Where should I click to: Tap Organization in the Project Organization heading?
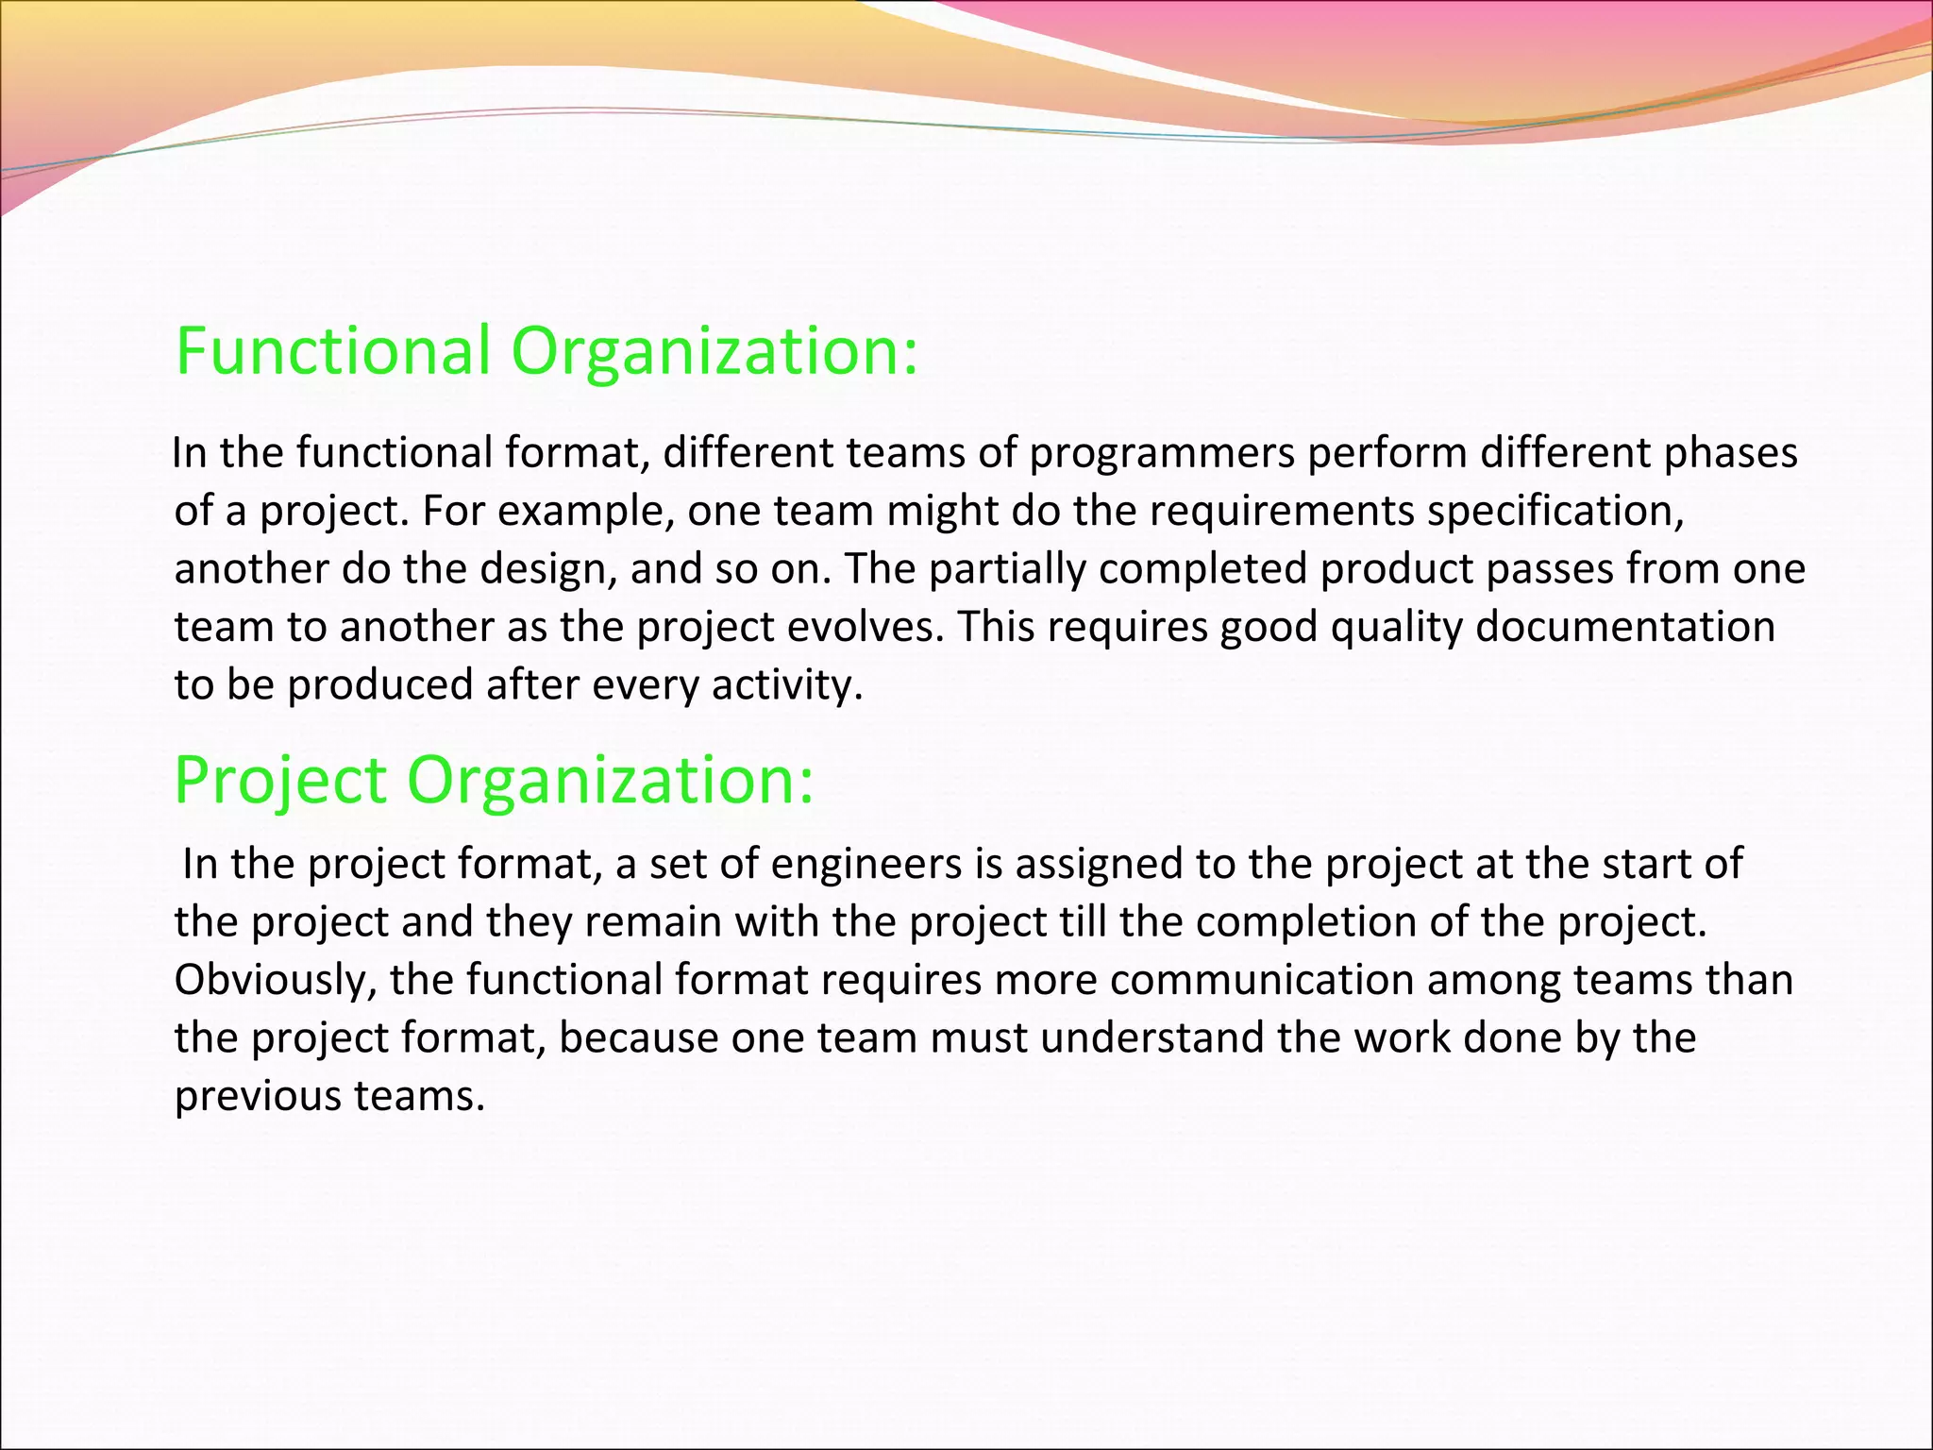(x=610, y=781)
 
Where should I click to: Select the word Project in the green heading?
(x=280, y=781)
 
